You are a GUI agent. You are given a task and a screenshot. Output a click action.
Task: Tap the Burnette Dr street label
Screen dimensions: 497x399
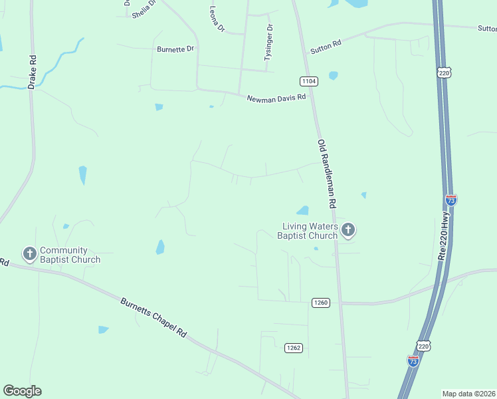175,49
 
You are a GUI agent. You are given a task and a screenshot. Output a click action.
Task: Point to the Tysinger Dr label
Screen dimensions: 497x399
268,43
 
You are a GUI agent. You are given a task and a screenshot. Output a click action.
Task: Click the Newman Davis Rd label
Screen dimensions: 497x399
276,98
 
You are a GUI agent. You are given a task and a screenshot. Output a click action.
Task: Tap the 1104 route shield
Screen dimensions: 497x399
309,81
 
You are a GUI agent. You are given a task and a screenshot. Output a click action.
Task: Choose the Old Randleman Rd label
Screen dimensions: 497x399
328,173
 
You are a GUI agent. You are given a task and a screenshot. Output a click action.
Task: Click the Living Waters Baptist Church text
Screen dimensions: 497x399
310,231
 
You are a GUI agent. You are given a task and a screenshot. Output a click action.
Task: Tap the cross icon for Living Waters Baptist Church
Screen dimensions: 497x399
348,231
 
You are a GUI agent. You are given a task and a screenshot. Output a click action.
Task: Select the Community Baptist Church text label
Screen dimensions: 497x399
70,255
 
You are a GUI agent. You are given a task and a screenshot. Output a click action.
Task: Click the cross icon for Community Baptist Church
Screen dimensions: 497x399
29,253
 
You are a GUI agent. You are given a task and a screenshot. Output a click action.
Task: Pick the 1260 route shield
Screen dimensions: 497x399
320,303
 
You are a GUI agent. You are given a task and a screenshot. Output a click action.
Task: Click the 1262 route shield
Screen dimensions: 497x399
294,348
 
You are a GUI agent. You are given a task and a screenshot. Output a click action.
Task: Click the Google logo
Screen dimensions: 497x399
22,391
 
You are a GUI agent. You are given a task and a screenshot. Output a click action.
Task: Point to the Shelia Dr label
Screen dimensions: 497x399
144,9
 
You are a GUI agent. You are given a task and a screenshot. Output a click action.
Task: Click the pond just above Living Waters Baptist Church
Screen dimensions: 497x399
303,211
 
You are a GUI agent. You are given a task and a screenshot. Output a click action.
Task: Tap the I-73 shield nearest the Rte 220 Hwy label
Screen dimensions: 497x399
450,199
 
